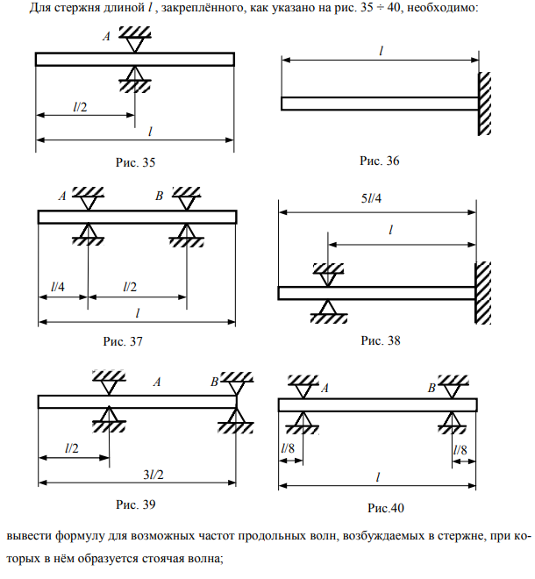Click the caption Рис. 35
[x=135, y=162]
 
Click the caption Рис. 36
[x=380, y=161]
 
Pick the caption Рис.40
[x=386, y=507]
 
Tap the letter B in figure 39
[x=214, y=382]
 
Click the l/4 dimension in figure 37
[x=58, y=286]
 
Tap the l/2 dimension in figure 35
[x=81, y=105]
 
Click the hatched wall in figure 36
[x=483, y=103]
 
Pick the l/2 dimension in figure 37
[x=131, y=286]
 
